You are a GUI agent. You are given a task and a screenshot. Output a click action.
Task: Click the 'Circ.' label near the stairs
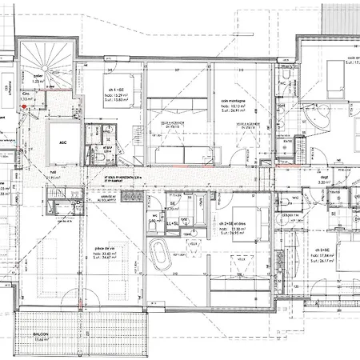coord(26,94)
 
